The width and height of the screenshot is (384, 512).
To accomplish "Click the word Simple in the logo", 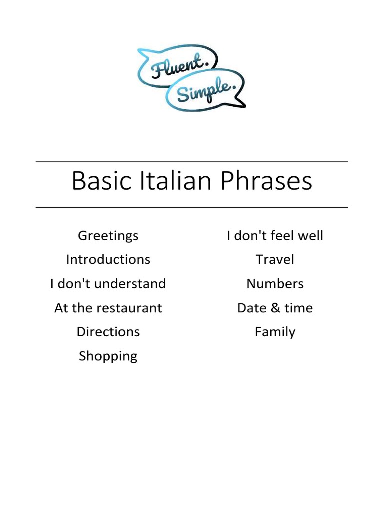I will [204, 91].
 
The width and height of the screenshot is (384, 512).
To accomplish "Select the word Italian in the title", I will [177, 181].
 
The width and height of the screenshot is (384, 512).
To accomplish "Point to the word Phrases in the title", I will [267, 181].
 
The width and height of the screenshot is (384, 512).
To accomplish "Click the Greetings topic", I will [108, 236].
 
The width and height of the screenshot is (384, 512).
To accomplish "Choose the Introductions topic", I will [108, 260].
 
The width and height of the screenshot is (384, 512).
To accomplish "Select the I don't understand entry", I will [108, 284].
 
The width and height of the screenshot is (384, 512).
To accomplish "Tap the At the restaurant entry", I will [108, 308].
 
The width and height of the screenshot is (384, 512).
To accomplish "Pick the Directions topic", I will [108, 332].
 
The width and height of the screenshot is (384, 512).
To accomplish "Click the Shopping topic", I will [108, 356].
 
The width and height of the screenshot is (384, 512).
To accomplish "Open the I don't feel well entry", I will [275, 236].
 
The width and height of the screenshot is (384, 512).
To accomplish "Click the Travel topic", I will [275, 260].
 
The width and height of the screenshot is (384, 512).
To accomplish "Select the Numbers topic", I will [275, 284].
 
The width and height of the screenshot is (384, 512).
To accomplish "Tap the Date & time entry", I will [275, 308].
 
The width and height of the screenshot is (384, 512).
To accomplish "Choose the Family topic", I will [275, 332].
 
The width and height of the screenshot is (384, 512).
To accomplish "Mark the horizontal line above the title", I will [192, 161].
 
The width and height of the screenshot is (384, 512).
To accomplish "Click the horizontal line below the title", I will [192, 207].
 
